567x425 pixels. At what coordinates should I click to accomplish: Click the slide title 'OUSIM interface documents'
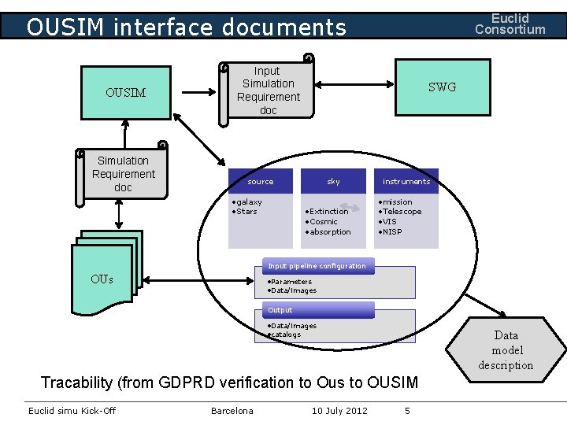[x=186, y=28]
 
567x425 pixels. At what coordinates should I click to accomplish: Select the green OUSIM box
[x=126, y=93]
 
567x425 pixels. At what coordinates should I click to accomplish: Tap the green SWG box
[x=442, y=87]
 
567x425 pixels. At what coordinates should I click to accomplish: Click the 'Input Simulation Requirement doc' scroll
[x=268, y=91]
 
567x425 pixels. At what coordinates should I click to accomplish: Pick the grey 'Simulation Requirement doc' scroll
[x=123, y=174]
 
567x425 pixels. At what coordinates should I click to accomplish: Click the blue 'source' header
[x=261, y=181]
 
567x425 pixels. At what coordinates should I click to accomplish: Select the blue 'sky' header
[x=334, y=181]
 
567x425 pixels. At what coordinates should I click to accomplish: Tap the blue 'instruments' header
[x=406, y=181]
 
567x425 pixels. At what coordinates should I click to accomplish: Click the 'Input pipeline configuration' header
[x=317, y=266]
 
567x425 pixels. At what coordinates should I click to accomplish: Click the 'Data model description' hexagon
[x=506, y=350]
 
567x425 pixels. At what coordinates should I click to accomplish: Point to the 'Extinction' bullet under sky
[x=328, y=211]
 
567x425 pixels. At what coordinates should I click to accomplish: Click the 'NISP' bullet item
[x=391, y=232]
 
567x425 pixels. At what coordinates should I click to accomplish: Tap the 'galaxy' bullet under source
[x=249, y=202]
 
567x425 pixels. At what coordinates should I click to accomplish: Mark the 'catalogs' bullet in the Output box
[x=285, y=334]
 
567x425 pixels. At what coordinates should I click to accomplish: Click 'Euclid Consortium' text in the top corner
[x=510, y=24]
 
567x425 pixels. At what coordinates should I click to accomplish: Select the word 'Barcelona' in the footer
[x=232, y=411]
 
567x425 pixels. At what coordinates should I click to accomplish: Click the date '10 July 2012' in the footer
[x=339, y=411]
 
